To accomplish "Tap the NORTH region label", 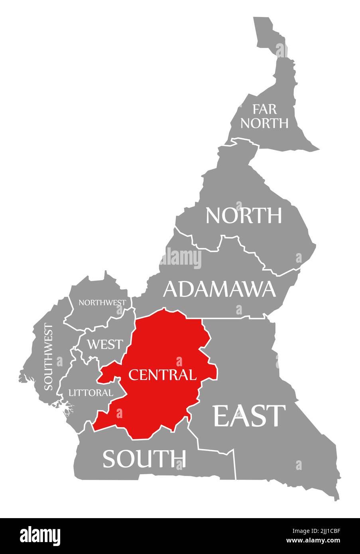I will tap(244, 216).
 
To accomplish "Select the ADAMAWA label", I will tap(219, 289).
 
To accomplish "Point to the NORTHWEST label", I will tap(102, 303).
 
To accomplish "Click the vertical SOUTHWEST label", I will tap(48, 357).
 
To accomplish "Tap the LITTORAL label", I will tap(90, 393).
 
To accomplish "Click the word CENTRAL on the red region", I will tap(162, 375).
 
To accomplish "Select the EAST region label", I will tap(250, 416).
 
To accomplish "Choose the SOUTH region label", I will tap(144, 458).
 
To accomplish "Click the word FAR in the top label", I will tap(264, 109).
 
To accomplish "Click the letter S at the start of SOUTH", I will tap(110, 459).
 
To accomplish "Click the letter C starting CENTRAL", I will tap(133, 375).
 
